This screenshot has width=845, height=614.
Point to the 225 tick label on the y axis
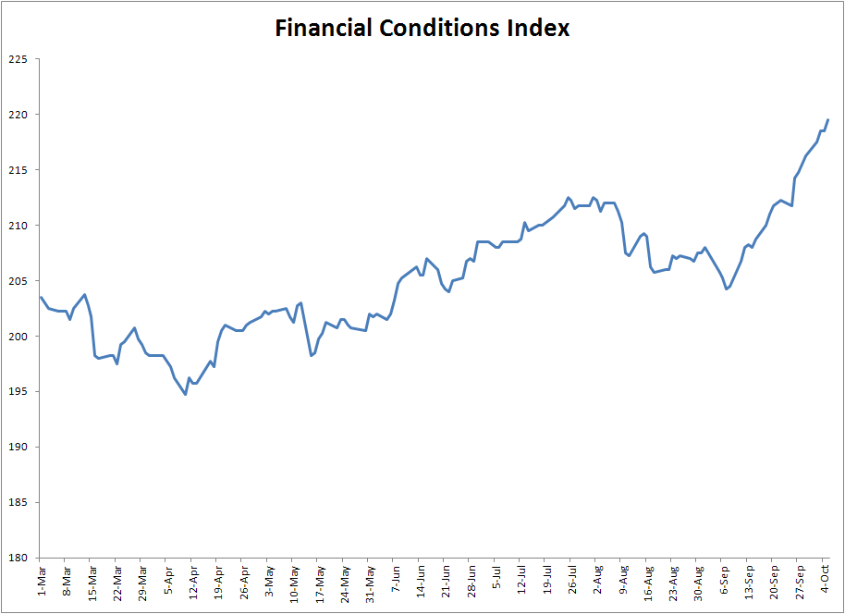point(18,59)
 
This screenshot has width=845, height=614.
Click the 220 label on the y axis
point(18,115)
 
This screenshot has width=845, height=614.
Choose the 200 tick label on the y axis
point(18,337)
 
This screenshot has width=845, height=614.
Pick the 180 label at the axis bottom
point(18,558)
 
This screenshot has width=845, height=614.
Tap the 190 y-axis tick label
point(18,448)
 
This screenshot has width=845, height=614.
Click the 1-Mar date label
point(42,579)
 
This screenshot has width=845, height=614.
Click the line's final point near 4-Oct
point(827,119)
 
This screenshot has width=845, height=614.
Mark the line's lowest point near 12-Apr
point(186,395)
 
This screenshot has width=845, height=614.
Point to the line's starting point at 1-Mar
point(42,297)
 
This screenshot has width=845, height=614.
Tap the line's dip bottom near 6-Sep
point(727,289)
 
